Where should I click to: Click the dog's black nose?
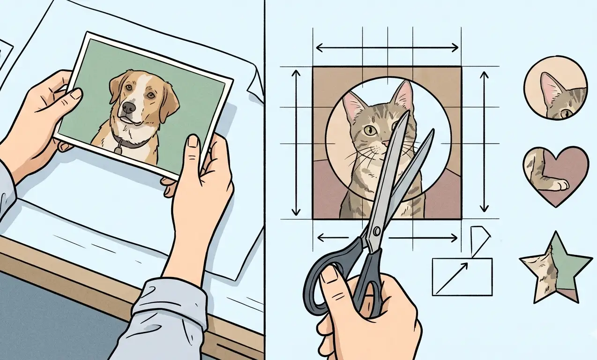pyautogui.click(x=129, y=107)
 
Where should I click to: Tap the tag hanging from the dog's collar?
pyautogui.click(x=118, y=150)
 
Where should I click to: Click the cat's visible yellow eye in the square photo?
pyautogui.click(x=370, y=130)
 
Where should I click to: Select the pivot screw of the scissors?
pyautogui.click(x=376, y=232)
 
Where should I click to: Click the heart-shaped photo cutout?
pyautogui.click(x=555, y=175)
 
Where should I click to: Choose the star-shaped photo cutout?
pyautogui.click(x=555, y=267)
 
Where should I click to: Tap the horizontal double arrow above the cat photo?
pyautogui.click(x=387, y=47)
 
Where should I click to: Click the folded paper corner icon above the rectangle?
pyautogui.click(x=479, y=240)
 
